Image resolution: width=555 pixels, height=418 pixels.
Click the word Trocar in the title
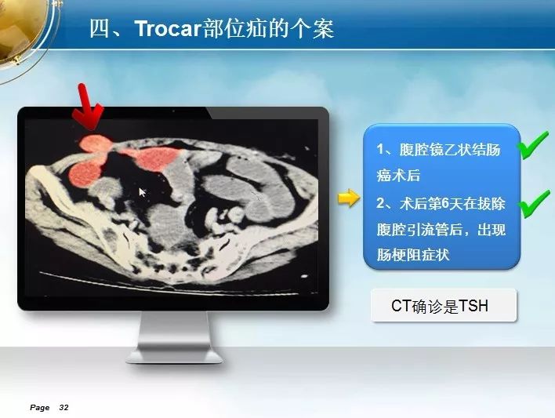click(165, 30)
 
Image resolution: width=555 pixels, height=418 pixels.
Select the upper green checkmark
click(534, 145)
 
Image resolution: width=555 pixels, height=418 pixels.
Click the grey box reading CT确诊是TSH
click(443, 306)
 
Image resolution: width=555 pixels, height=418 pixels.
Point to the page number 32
click(63, 408)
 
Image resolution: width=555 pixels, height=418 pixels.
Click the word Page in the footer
click(39, 408)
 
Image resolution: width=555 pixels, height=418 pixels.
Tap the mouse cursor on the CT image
click(143, 192)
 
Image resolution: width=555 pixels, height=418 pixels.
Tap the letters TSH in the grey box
click(473, 306)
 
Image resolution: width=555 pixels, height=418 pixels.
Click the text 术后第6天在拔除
click(452, 203)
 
